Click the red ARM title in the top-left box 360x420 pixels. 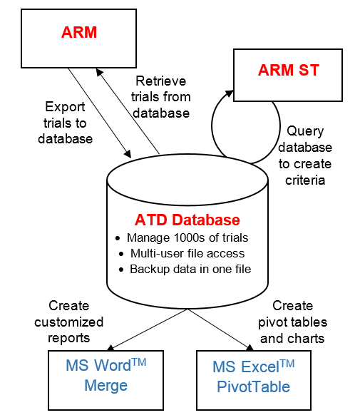pos(79,33)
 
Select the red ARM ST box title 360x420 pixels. pos(288,71)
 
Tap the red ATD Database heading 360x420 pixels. pos(187,220)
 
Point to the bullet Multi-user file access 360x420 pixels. pos(187,253)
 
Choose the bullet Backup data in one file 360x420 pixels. pos(190,269)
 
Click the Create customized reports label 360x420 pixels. pos(75,321)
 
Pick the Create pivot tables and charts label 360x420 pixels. pos(292,321)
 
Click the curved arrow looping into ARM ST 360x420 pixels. pos(214,128)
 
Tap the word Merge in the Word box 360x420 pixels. pos(106,386)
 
